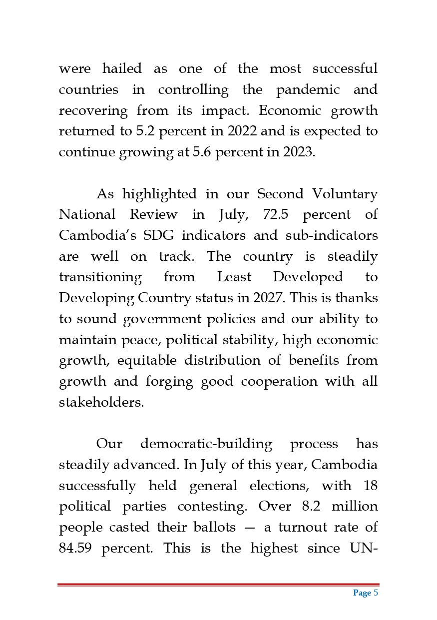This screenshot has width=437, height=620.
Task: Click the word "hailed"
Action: coord(122,68)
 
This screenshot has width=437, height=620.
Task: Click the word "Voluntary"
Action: coord(345,194)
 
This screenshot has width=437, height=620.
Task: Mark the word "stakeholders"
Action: coord(101,403)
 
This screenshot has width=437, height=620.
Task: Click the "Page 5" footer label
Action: coord(366,593)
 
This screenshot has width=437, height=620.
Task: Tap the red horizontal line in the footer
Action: coord(218,585)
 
